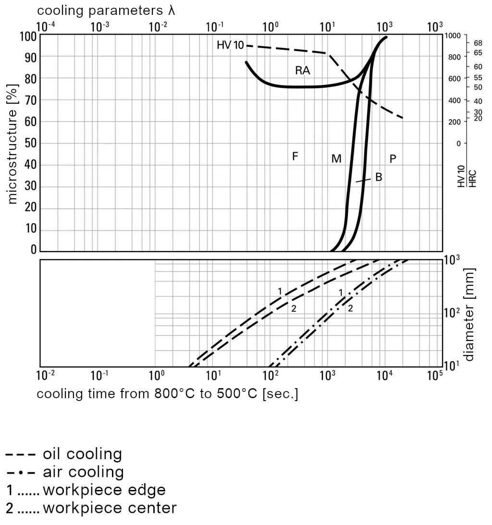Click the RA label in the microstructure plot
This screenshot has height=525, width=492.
(x=302, y=71)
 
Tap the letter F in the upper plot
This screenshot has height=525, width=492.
(x=295, y=156)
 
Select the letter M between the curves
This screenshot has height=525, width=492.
(x=336, y=159)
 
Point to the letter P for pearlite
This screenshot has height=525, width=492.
(x=393, y=159)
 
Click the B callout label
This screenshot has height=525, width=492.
(x=379, y=177)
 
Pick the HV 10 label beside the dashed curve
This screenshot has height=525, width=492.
(x=230, y=46)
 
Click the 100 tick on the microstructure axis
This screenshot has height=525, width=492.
(x=28, y=36)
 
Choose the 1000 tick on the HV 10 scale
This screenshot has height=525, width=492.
(x=453, y=36)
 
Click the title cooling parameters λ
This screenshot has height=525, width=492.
(x=106, y=11)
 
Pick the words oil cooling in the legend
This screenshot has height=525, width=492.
(x=82, y=454)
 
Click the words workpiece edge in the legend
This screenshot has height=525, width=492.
(x=104, y=490)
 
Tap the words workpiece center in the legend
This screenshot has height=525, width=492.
(x=109, y=508)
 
